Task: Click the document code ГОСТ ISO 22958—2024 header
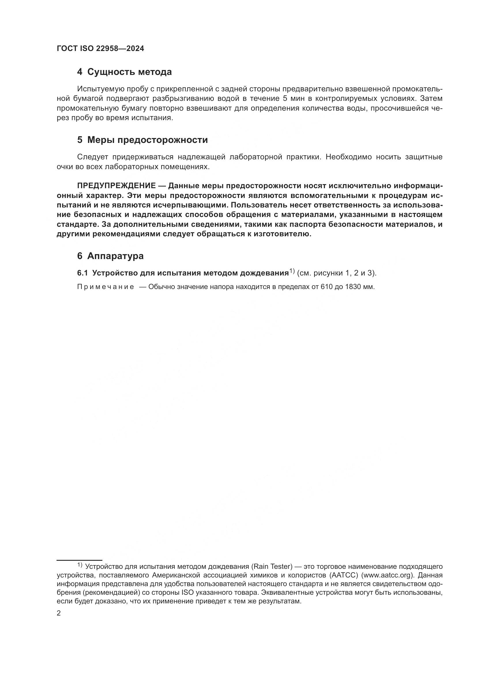[x=100, y=49]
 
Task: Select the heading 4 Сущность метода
[x=124, y=72]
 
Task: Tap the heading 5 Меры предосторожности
[x=142, y=140]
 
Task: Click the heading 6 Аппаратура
[x=110, y=256]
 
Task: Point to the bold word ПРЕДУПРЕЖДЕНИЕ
[x=116, y=186]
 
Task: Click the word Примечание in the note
[x=106, y=287]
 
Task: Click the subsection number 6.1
[x=82, y=273]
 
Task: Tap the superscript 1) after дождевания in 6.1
[x=292, y=271]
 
